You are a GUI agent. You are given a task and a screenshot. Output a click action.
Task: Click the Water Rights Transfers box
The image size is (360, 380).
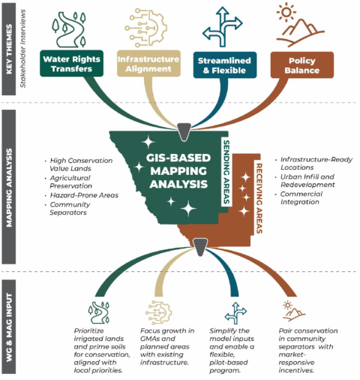click(71, 63)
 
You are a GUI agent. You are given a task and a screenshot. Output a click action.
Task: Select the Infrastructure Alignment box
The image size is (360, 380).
click(148, 63)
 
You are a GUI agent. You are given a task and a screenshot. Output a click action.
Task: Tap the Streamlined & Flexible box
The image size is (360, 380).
click(225, 65)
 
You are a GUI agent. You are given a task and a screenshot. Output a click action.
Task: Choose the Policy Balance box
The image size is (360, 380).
click(302, 65)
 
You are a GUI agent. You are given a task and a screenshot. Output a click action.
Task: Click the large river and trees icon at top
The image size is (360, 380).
click(69, 29)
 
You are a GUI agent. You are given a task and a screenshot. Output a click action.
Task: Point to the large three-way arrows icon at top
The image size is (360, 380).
click(223, 27)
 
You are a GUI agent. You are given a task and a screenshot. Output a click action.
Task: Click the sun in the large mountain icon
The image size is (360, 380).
click(286, 12)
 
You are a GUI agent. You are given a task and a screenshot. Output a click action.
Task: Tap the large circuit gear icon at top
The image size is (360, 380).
click(146, 28)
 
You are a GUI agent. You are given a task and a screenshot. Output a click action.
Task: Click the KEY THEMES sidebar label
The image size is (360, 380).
click(9, 49)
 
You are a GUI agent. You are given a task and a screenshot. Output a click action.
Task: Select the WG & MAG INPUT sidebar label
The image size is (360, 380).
click(9, 327)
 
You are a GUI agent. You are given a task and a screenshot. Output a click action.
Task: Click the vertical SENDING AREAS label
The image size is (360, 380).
click(226, 172)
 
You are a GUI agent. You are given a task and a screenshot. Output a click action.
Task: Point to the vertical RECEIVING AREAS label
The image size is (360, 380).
click(259, 198)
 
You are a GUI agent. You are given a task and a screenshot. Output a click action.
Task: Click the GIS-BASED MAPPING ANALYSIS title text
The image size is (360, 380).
click(178, 171)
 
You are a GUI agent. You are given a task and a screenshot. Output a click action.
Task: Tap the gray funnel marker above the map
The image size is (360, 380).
click(184, 131)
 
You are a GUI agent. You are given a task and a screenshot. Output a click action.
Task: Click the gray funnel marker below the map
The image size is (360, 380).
click(200, 247)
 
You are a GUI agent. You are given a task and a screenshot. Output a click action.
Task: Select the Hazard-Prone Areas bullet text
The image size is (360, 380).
click(84, 195)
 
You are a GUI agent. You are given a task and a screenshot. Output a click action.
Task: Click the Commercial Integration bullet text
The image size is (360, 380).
click(301, 198)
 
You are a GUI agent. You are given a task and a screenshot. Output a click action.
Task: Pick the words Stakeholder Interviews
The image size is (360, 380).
click(23, 49)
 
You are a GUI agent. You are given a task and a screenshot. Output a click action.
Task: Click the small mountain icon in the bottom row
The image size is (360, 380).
click(293, 311)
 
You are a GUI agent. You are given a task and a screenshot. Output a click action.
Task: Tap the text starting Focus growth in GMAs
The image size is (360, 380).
click(167, 347)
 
